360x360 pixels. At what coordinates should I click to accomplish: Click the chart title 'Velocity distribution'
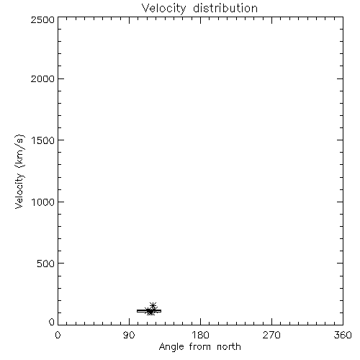click(x=199, y=9)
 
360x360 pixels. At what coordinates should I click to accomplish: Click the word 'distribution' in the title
click(x=225, y=8)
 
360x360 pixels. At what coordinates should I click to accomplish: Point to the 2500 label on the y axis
click(x=42, y=19)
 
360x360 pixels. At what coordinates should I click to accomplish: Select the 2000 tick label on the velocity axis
click(x=42, y=78)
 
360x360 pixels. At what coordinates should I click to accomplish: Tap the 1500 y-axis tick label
click(x=43, y=140)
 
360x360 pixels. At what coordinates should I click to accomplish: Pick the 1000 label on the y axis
click(x=43, y=202)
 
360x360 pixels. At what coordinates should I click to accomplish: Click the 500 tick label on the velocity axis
click(x=46, y=264)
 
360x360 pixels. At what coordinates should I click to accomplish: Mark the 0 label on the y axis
click(x=52, y=322)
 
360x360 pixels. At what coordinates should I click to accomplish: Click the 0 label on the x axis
click(x=58, y=335)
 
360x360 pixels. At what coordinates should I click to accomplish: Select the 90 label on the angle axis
click(x=129, y=335)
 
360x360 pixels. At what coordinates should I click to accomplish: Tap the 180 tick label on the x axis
click(x=200, y=335)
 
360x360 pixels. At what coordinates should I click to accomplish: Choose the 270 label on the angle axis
click(x=271, y=335)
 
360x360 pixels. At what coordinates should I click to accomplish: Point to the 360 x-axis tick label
click(x=343, y=335)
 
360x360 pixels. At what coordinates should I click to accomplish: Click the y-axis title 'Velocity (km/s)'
click(x=19, y=171)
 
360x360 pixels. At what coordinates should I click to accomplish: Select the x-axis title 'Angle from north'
click(x=200, y=347)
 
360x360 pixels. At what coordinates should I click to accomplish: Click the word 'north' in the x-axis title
click(x=229, y=346)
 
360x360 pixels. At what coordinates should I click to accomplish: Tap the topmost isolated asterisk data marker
click(x=153, y=305)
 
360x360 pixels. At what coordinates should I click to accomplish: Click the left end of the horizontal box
click(x=137, y=311)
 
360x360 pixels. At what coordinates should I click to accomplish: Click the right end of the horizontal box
click(x=161, y=311)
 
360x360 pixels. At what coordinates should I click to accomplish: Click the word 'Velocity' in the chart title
click(x=163, y=9)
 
